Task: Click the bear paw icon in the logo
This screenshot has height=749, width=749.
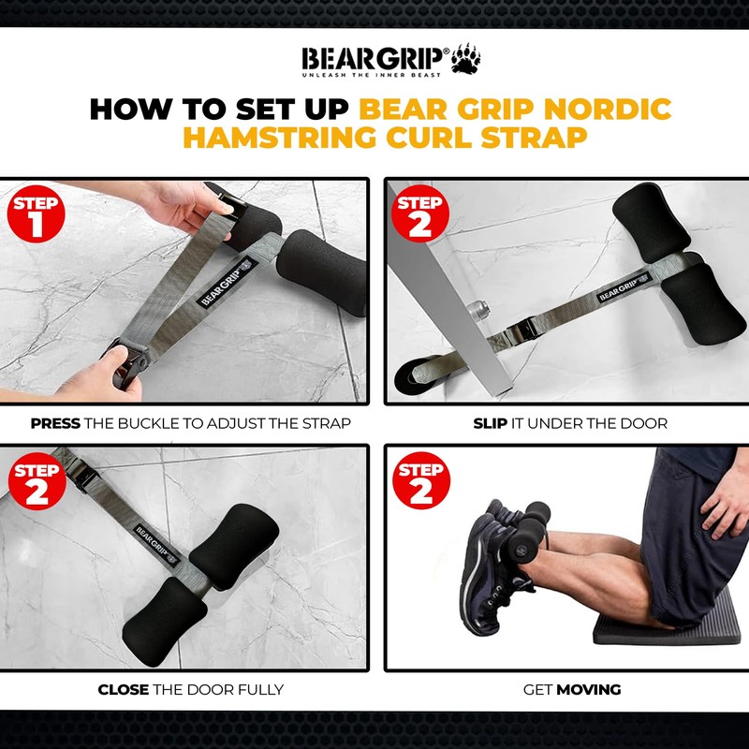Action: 465,59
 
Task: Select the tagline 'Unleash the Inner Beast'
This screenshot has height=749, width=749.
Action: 374,74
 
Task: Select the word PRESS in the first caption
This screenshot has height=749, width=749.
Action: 54,423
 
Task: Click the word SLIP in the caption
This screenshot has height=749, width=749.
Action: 490,423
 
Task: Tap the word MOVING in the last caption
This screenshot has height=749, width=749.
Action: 589,690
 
